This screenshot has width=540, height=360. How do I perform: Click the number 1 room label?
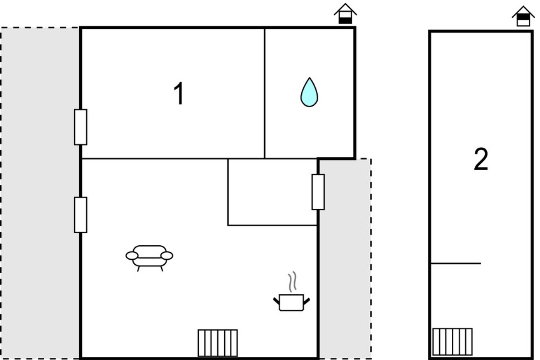(x=179, y=93)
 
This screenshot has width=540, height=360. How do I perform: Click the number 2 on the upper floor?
(x=481, y=159)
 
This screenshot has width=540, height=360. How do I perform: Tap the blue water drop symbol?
(x=309, y=92)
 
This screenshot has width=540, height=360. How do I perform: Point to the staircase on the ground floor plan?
(x=218, y=343)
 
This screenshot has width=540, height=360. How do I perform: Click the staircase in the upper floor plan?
(x=453, y=342)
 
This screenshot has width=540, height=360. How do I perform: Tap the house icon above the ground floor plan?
(x=345, y=14)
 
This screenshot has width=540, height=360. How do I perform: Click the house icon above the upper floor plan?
(x=523, y=16)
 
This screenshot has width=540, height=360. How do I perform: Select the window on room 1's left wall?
(x=81, y=127)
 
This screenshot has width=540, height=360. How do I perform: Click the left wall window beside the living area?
(x=81, y=215)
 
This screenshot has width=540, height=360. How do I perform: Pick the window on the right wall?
(x=318, y=192)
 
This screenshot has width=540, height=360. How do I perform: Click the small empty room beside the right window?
(x=272, y=192)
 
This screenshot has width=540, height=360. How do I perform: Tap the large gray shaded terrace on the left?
(x=40, y=193)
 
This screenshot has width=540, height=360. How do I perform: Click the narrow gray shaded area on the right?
(x=345, y=258)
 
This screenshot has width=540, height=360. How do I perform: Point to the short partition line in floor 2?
(x=455, y=264)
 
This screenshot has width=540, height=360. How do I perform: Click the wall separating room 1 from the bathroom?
(x=265, y=93)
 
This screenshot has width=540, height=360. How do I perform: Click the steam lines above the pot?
(x=292, y=282)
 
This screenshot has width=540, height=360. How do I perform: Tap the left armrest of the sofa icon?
(x=132, y=256)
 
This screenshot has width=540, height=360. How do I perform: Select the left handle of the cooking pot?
(x=276, y=301)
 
